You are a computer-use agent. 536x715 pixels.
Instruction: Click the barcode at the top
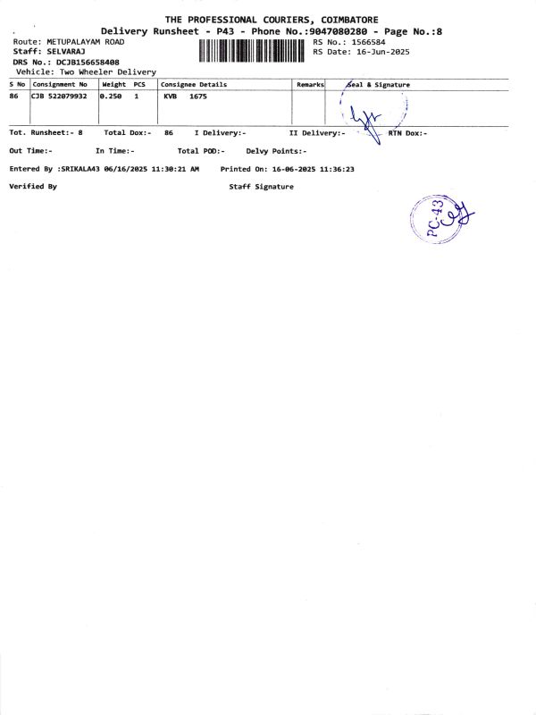[254, 52]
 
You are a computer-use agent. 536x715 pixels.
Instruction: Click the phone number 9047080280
[333, 31]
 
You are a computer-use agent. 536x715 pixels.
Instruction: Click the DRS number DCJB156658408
[88, 62]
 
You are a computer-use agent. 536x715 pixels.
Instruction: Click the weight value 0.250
[112, 96]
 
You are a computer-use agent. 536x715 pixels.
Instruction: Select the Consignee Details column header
[194, 85]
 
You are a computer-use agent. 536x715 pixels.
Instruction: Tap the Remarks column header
[309, 85]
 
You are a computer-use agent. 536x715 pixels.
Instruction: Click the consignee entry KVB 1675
[185, 96]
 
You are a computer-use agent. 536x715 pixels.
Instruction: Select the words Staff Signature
[261, 187]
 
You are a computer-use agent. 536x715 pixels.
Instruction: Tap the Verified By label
[33, 187]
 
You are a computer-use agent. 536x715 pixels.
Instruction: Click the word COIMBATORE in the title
[340, 19]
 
